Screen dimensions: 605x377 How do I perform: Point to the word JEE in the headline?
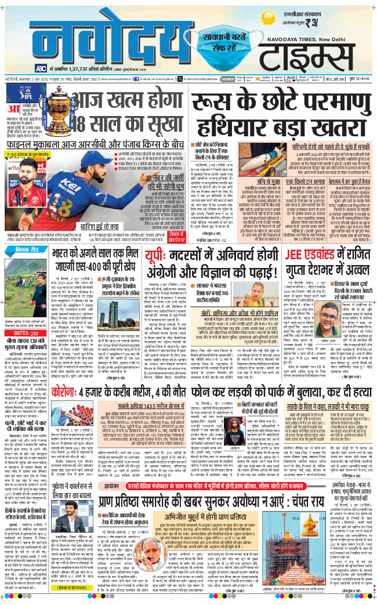(x=296, y=239)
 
